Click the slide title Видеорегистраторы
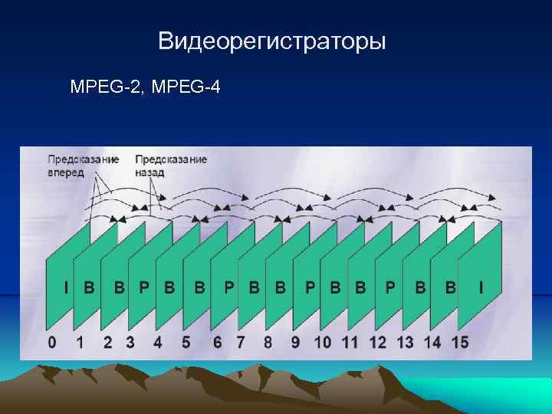pos(271,41)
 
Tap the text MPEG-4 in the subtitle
pos(186,87)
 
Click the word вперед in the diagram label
pos(66,172)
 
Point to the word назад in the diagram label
pos(149,172)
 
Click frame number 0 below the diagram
pos(51,342)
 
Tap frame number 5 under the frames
pos(186,342)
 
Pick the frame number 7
pos(240,342)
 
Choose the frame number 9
pos(295,342)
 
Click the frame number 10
pos(322,342)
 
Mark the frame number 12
pos(377,342)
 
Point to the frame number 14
pos(432,342)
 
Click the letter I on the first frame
pos(66,288)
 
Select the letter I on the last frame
pos(481,288)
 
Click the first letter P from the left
pos(144,288)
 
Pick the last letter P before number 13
pos(390,288)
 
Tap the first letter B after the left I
pos(89,288)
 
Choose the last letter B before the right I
pos(450,288)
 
